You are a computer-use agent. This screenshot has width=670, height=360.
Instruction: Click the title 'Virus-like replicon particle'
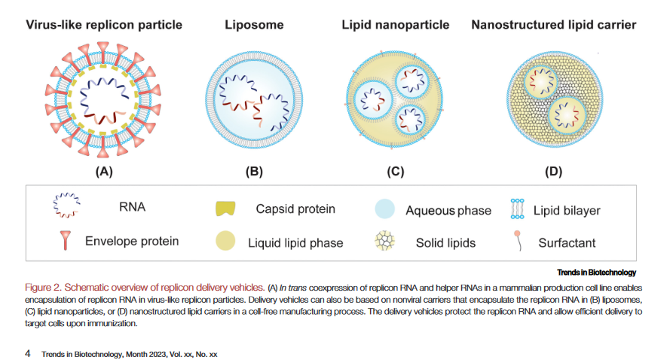click(104, 25)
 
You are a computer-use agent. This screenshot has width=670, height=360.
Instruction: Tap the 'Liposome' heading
click(254, 25)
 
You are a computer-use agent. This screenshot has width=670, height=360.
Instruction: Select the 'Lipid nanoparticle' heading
click(395, 25)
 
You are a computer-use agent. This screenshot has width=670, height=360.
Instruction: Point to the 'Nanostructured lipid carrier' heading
click(553, 25)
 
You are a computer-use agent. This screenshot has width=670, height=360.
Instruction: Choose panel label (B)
click(254, 171)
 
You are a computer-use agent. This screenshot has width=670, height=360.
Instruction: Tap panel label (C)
click(395, 171)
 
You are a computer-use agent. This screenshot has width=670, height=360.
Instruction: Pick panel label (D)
click(553, 171)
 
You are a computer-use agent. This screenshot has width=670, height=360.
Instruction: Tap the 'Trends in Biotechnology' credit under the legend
click(597, 272)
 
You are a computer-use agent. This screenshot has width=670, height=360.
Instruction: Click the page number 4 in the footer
click(28, 352)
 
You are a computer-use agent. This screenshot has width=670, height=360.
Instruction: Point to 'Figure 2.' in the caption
click(47, 288)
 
